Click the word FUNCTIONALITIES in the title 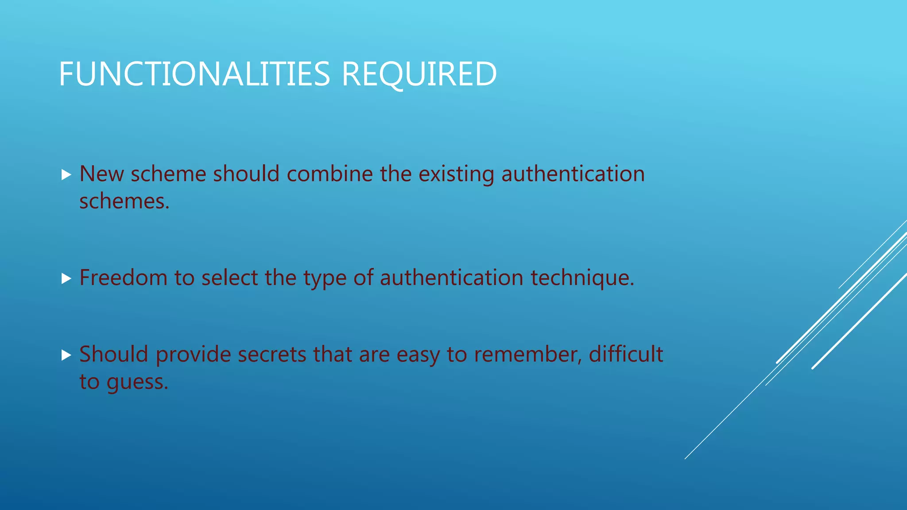click(x=194, y=74)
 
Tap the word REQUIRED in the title click(x=419, y=74)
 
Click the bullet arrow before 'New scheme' click(x=66, y=174)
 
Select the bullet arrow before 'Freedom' click(x=66, y=278)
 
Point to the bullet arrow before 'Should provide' click(x=66, y=355)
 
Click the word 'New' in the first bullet click(x=101, y=174)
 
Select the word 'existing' click(x=456, y=174)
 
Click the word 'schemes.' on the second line click(x=124, y=201)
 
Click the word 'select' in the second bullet click(x=229, y=278)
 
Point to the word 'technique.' click(x=582, y=278)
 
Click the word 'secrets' click(x=272, y=355)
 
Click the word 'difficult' click(x=626, y=354)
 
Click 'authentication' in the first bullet click(x=573, y=174)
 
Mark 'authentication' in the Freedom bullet click(x=452, y=278)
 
